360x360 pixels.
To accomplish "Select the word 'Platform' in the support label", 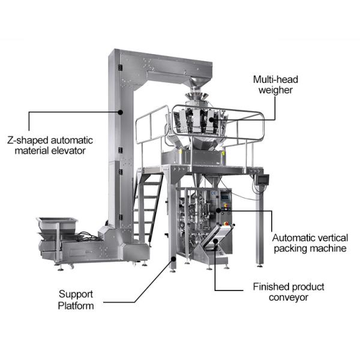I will click(x=76, y=305).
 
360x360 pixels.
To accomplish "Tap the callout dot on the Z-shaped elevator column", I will click(x=121, y=112).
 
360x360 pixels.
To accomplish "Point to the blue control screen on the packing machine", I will click(x=225, y=195).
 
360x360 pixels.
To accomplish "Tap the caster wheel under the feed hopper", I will click(x=72, y=265).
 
